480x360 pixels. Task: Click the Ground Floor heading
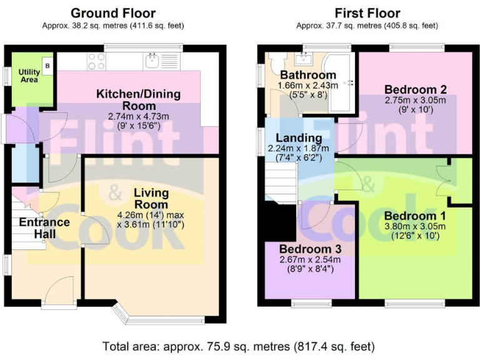[x=113, y=13]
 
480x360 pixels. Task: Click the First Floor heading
[x=367, y=13]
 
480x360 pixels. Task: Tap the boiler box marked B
[x=47, y=64]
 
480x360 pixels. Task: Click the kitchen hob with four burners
[x=96, y=61]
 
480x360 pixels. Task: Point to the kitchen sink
[x=152, y=61]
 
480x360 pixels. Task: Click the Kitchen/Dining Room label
[x=138, y=99]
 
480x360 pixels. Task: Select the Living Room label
[x=151, y=199]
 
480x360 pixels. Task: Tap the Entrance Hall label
[x=44, y=227]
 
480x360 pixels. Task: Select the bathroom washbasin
[x=306, y=59]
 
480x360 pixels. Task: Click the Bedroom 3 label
[x=309, y=249]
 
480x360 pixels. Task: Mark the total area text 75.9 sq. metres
[x=239, y=346]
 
